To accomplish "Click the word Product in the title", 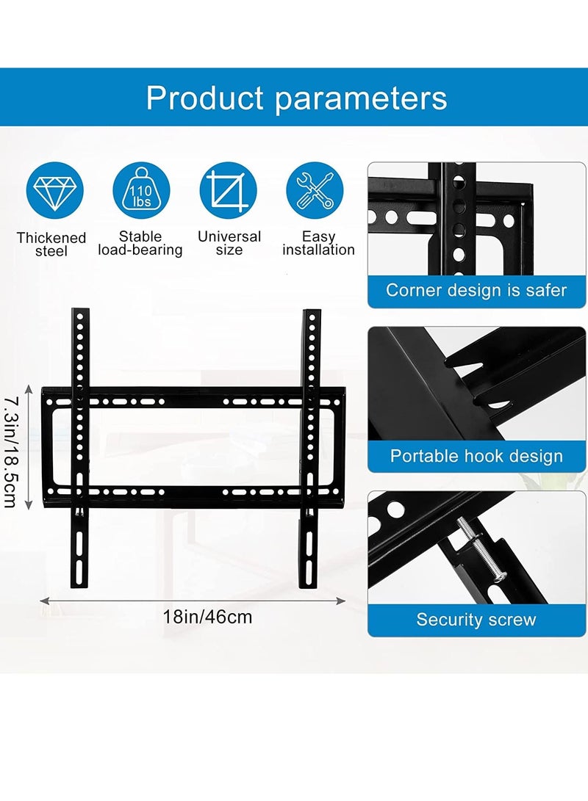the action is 204,98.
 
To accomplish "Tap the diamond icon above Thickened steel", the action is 54,190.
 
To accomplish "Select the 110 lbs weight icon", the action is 141,190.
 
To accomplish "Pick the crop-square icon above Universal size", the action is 228,190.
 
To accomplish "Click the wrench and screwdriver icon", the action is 315,190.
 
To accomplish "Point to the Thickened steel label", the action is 51,244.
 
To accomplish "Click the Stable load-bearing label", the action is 140,243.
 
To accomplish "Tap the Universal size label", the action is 229,243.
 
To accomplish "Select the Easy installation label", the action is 318,243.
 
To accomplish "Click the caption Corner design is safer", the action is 476,290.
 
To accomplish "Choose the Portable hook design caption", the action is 476,456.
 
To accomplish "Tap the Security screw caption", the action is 476,620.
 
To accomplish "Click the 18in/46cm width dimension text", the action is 207,617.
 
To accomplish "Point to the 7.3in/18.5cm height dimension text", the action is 11,450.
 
